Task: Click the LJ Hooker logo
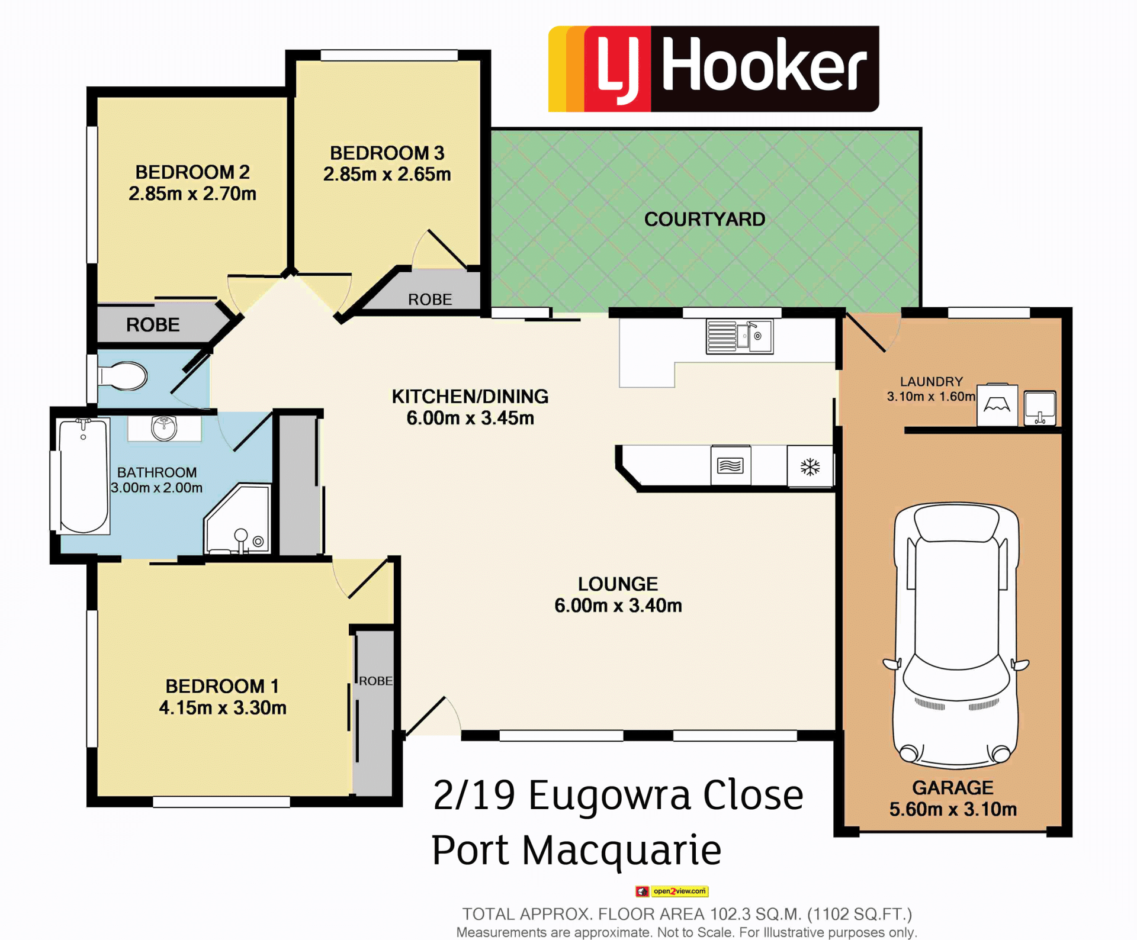(714, 69)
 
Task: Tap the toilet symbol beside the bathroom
(123, 376)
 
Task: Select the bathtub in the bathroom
(83, 476)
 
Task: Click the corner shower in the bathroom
(237, 519)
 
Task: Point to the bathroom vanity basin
(164, 428)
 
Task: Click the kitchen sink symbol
(739, 336)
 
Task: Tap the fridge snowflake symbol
(810, 467)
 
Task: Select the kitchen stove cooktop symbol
(730, 466)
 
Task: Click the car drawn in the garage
(956, 635)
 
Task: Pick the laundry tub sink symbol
(1040, 408)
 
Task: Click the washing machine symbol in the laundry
(997, 405)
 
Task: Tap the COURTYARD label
(705, 219)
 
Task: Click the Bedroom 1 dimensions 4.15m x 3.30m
(223, 707)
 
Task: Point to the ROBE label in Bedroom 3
(430, 300)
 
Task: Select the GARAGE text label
(953, 787)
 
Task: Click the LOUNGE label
(618, 584)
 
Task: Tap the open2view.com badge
(672, 891)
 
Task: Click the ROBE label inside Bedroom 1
(375, 681)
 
